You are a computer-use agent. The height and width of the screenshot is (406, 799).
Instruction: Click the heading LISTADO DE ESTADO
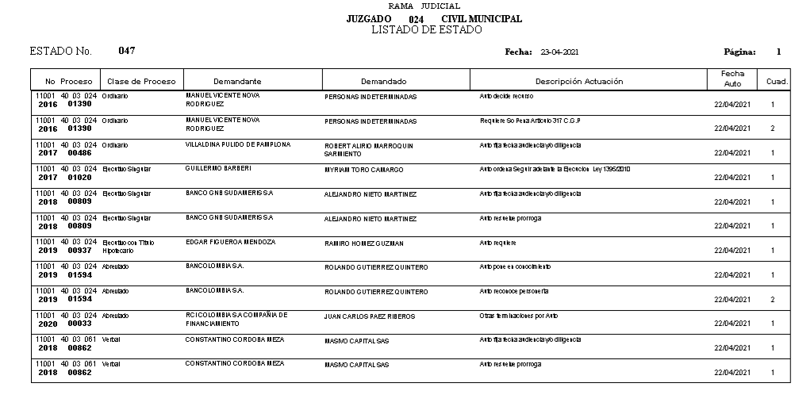click(x=426, y=30)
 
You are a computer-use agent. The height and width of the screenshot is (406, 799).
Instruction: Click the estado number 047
click(x=127, y=51)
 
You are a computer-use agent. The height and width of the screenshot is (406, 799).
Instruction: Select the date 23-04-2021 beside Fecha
click(x=559, y=52)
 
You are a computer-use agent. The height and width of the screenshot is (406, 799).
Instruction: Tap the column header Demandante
click(x=237, y=81)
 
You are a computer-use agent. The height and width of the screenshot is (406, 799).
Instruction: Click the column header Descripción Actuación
click(x=578, y=81)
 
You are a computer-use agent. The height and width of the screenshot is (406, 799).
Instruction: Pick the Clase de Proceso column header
click(x=141, y=81)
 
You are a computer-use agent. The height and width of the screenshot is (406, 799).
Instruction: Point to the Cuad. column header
click(x=776, y=81)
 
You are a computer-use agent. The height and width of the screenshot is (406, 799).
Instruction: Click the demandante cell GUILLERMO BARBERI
click(x=218, y=168)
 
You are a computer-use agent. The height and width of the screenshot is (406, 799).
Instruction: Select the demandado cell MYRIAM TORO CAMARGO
click(x=364, y=170)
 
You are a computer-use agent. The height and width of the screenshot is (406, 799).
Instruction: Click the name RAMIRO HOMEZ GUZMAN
click(x=364, y=243)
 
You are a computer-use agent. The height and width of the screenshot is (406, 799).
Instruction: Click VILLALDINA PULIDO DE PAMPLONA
click(x=238, y=144)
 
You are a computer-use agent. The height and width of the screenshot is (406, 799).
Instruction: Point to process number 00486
click(x=80, y=153)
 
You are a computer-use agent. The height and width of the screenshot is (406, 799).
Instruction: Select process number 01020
click(x=80, y=178)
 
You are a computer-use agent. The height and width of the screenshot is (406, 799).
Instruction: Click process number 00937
click(x=80, y=251)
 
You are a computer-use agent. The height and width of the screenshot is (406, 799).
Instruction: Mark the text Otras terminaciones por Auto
click(x=519, y=315)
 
